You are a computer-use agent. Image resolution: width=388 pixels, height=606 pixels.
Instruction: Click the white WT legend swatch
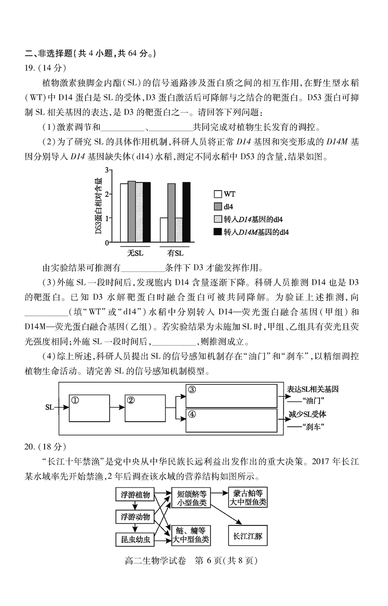[218, 194]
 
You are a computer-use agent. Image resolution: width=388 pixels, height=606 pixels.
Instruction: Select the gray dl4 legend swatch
[218, 206]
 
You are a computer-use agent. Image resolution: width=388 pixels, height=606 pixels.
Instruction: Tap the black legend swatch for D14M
[218, 232]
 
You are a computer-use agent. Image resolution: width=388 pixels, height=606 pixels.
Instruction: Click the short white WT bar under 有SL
[164, 229]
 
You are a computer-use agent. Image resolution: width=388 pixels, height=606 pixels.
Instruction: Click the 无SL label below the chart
[136, 253]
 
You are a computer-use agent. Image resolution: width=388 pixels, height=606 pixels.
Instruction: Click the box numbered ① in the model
[89, 408]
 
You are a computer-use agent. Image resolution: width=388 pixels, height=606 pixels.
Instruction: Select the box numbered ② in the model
[145, 408]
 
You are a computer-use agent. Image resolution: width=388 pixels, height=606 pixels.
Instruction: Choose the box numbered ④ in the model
[230, 420]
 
